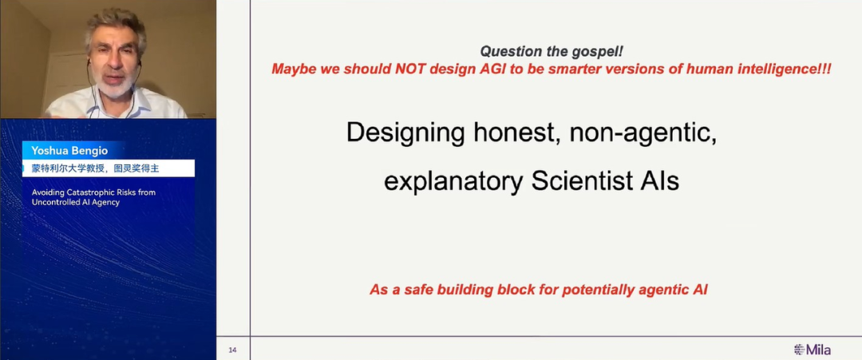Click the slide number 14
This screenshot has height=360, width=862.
click(232, 350)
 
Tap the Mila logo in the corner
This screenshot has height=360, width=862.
click(813, 350)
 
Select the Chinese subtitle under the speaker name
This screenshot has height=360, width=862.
click(96, 168)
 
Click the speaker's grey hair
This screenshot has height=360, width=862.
click(115, 24)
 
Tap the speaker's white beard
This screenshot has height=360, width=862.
click(115, 88)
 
